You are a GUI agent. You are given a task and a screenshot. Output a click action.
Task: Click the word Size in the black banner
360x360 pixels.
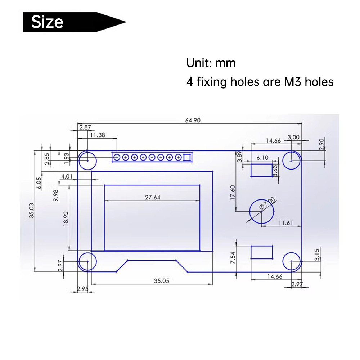pyautogui.click(x=47, y=22)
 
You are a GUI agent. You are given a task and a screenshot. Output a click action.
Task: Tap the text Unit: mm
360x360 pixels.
pyautogui.click(x=211, y=63)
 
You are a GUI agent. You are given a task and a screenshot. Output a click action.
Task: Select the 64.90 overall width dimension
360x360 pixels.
pyautogui.click(x=193, y=121)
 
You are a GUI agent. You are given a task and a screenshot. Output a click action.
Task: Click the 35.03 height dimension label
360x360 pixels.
pyautogui.click(x=32, y=211)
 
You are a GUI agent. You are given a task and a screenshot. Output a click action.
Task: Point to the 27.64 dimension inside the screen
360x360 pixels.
pyautogui.click(x=152, y=197)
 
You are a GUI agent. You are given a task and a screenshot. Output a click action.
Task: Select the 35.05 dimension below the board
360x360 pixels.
pyautogui.click(x=161, y=281)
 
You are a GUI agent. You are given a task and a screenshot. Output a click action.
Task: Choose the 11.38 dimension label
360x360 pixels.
pyautogui.click(x=98, y=135)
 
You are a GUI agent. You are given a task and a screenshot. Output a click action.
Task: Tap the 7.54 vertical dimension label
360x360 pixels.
pyautogui.click(x=233, y=258)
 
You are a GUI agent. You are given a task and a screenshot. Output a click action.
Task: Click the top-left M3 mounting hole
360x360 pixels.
pyautogui.click(x=87, y=160)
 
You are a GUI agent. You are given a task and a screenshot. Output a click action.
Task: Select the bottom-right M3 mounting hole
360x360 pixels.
pyautogui.click(x=292, y=261)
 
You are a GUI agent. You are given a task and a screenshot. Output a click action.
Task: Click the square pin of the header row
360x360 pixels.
pyautogui.click(x=187, y=157)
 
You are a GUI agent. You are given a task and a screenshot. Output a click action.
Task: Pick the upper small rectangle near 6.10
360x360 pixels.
pyautogui.click(x=262, y=170)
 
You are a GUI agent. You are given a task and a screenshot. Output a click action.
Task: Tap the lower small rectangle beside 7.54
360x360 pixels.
pyautogui.click(x=262, y=252)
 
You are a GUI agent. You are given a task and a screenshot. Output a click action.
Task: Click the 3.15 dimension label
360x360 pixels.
pyautogui.click(x=317, y=255)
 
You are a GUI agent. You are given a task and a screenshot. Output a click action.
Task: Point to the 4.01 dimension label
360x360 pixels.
pyautogui.click(x=67, y=176)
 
